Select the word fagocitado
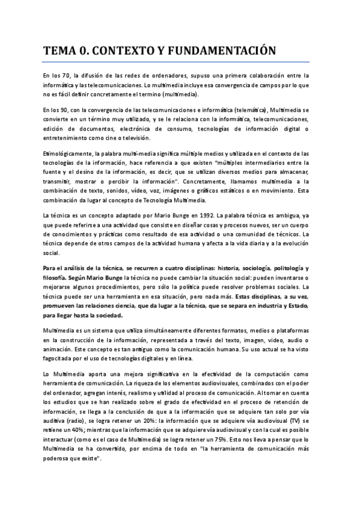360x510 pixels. pos(63,359)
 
